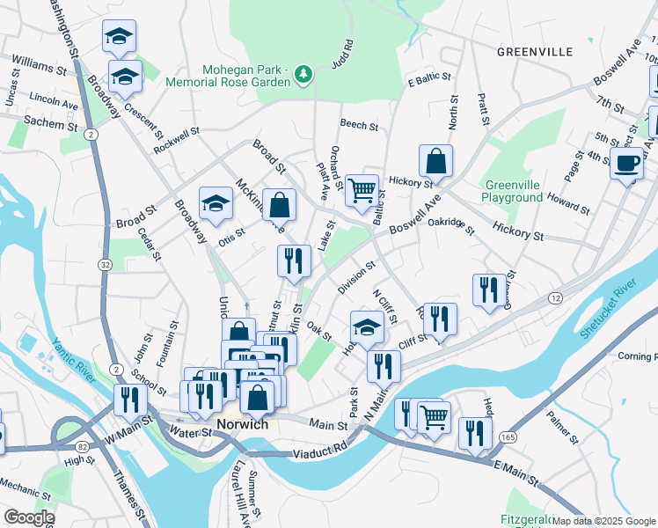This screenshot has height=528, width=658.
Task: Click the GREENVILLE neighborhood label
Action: (x=534, y=51)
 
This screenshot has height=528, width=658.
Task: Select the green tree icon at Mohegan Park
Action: (x=303, y=73)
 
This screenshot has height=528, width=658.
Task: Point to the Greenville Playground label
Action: (x=513, y=191)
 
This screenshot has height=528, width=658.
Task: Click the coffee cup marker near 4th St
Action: (x=626, y=165)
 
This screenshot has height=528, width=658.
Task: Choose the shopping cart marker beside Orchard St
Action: (x=362, y=190)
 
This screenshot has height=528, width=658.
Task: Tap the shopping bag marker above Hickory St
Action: (x=435, y=161)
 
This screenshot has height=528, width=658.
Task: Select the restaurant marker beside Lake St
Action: (x=293, y=260)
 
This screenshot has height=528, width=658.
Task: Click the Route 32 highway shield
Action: (x=106, y=264)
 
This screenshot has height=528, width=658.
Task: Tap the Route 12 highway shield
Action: (x=554, y=299)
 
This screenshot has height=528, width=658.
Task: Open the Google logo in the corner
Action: (x=28, y=517)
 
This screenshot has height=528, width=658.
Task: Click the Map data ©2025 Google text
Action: (x=603, y=521)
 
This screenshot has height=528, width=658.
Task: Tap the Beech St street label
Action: (x=359, y=126)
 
